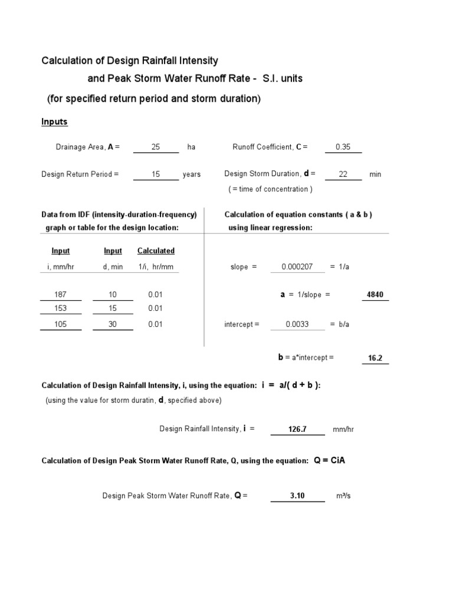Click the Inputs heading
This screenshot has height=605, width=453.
[54, 122]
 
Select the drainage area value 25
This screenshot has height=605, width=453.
[156, 147]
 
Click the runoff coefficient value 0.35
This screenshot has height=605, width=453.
[343, 147]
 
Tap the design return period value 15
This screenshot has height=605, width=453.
[156, 174]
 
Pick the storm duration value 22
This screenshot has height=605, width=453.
[343, 174]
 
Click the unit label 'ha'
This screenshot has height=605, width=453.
[191, 147]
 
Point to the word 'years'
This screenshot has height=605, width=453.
[192, 174]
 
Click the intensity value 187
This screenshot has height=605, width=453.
[60, 294]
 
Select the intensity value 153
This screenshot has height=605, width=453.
[60, 308]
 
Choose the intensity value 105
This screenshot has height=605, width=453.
[60, 324]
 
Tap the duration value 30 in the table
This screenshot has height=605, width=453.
[113, 324]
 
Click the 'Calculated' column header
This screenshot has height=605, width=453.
[156, 251]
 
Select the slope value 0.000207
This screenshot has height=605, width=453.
[297, 267]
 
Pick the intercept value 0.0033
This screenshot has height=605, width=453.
[297, 324]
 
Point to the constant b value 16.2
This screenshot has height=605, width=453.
[375, 358]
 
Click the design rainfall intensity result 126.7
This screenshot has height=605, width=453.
[297, 429]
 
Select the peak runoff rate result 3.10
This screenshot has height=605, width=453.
[297, 496]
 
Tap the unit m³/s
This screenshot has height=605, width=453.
[343, 496]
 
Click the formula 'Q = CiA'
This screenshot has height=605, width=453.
[329, 460]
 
